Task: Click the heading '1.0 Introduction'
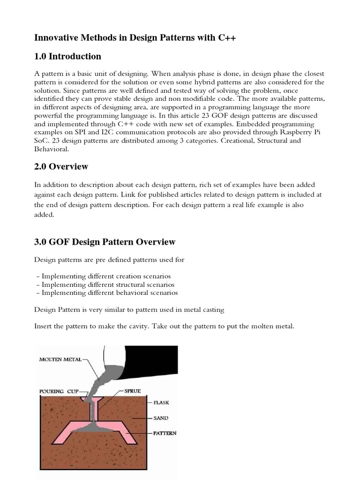68,57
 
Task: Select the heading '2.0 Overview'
61,167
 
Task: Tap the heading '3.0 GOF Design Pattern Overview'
105,242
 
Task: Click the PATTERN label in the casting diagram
165,433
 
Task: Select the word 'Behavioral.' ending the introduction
52,150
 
